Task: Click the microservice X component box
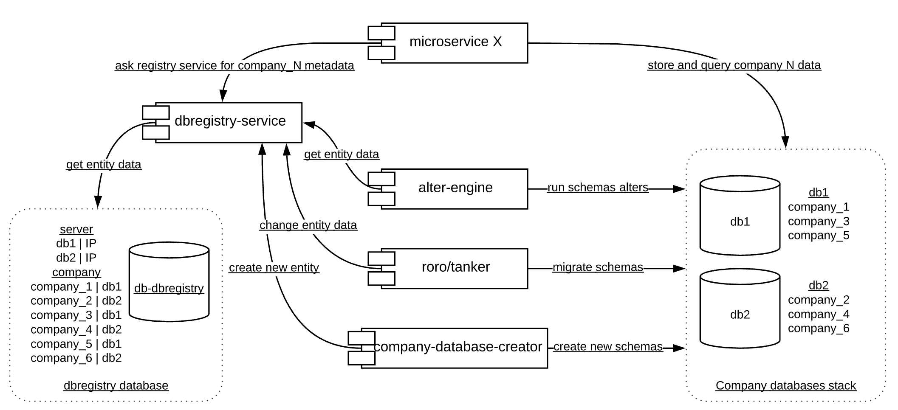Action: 455,42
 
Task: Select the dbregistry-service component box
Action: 229,122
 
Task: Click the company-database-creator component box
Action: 457,347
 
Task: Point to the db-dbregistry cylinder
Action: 169,282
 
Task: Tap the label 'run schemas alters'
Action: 597,188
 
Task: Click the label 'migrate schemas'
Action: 597,267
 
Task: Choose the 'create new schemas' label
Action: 607,347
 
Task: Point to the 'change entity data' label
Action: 308,225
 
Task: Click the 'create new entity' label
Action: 274,268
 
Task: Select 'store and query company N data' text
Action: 734,65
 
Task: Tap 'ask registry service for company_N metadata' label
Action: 234,66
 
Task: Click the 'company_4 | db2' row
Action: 76,329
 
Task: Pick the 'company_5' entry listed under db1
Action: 818,236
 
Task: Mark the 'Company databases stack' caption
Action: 785,385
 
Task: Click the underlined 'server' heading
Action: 76,229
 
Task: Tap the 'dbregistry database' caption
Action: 116,385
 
